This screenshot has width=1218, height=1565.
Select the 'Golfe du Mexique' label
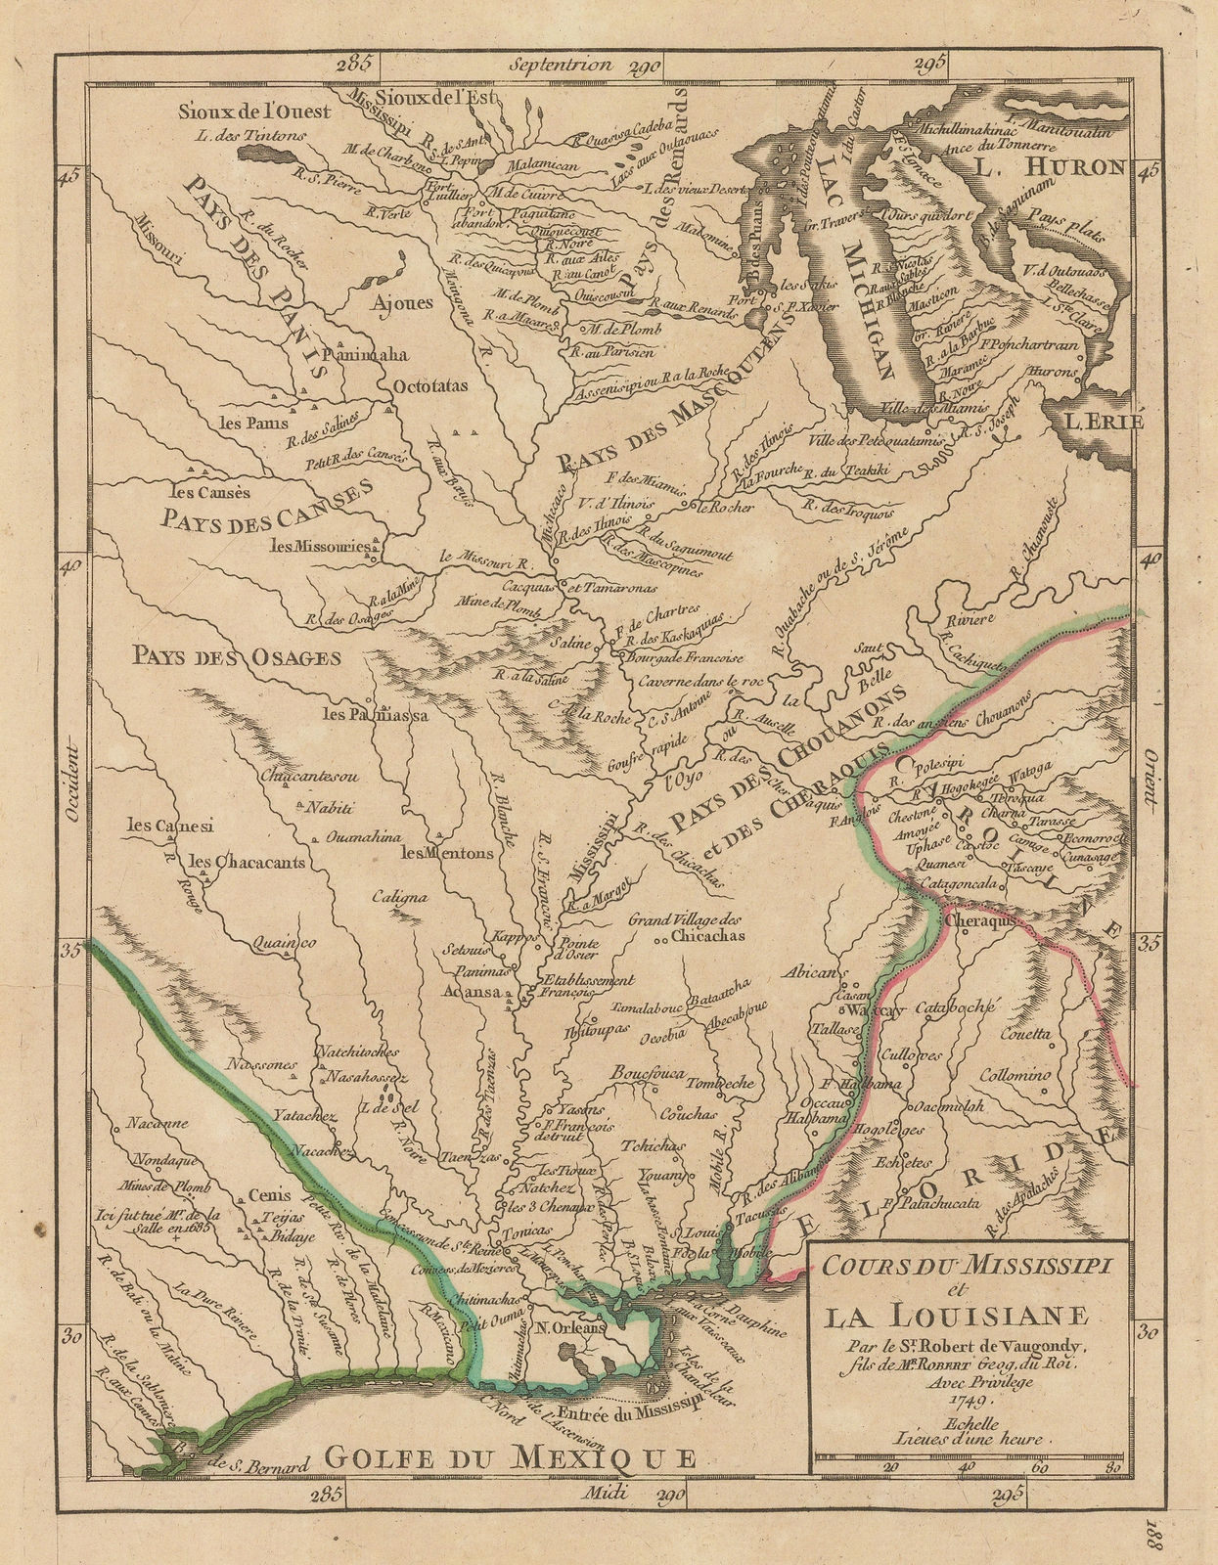coord(509,1456)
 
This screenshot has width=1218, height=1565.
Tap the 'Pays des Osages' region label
coord(238,656)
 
